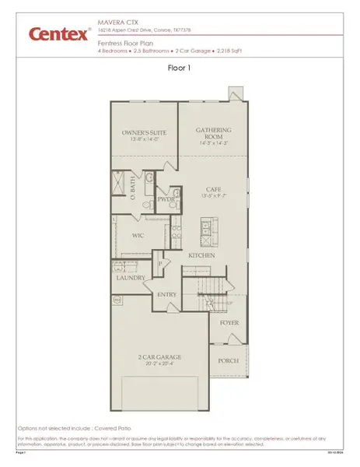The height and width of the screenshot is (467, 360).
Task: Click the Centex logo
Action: (x=58, y=33)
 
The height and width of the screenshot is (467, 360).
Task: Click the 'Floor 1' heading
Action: (x=180, y=68)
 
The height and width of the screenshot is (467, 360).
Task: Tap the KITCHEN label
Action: (x=201, y=255)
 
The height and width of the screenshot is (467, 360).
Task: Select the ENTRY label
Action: (x=167, y=294)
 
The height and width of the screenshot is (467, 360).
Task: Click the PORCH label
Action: (x=229, y=360)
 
